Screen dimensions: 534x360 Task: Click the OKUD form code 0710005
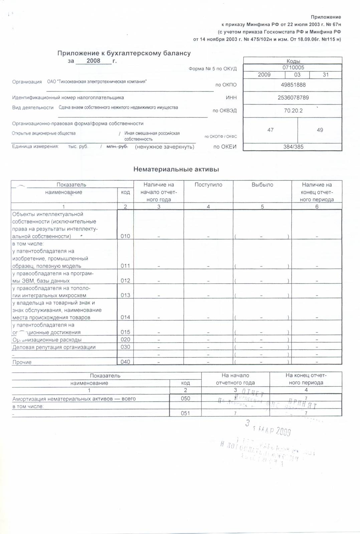(x=293, y=67)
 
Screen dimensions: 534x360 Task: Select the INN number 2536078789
(x=293, y=98)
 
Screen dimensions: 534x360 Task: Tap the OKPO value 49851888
(x=293, y=85)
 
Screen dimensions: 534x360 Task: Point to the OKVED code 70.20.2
(x=293, y=110)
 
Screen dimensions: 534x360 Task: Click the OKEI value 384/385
(x=293, y=147)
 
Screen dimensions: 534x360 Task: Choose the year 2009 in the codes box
(x=264, y=75)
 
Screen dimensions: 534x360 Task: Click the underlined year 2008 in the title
(x=93, y=61)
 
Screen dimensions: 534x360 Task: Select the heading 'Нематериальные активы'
(x=176, y=169)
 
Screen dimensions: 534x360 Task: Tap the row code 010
(x=125, y=236)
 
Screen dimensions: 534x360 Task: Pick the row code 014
(x=125, y=317)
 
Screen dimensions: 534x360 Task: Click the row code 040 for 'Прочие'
(x=125, y=362)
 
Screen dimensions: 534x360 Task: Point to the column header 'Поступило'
(x=208, y=185)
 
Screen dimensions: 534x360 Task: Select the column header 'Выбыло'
(x=262, y=185)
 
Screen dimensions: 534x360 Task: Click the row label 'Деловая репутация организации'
(x=54, y=347)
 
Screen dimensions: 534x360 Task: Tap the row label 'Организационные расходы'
(x=47, y=340)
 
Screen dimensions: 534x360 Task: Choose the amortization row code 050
(x=185, y=398)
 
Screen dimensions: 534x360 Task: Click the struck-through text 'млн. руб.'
(x=117, y=147)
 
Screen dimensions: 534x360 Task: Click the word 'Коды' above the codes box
(x=293, y=61)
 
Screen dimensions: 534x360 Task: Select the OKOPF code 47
(x=270, y=130)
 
